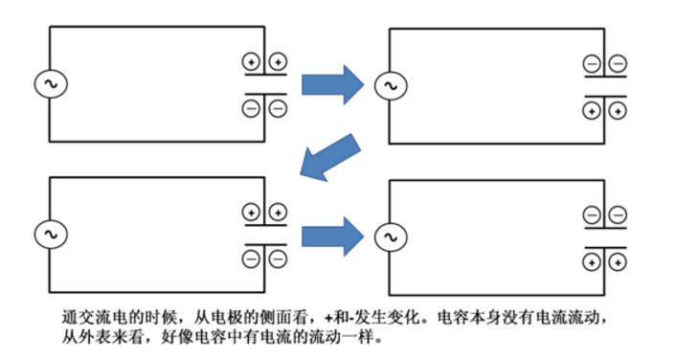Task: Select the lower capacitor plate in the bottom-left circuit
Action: [x=265, y=241]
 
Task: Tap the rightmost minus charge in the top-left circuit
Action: [x=278, y=108]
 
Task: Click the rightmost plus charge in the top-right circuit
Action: [x=618, y=111]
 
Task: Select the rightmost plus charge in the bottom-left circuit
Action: [x=278, y=212]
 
